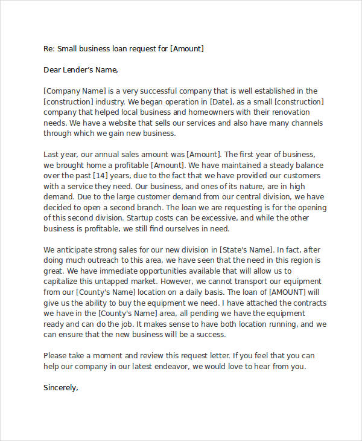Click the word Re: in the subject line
tap(49, 48)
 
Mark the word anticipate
tap(77, 249)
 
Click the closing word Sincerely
tap(61, 388)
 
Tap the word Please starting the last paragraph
tap(57, 355)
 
